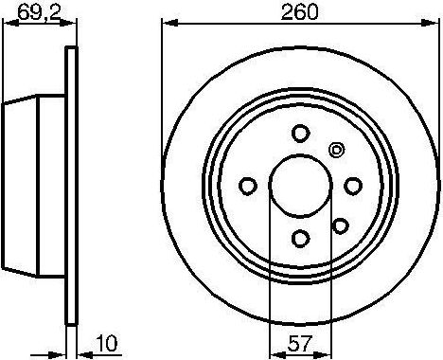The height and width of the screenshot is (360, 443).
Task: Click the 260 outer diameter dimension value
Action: point(300,12)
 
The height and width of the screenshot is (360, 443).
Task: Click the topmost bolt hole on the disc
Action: point(300,133)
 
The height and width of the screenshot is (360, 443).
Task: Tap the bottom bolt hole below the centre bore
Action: point(300,238)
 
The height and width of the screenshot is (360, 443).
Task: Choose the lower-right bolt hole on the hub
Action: point(337,225)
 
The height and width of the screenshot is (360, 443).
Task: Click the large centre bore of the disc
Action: point(300,185)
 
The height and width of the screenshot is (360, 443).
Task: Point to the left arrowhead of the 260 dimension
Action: point(167,24)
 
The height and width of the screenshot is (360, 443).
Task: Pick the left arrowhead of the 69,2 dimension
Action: point(5,24)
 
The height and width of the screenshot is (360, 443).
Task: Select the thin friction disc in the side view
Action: point(69,185)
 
